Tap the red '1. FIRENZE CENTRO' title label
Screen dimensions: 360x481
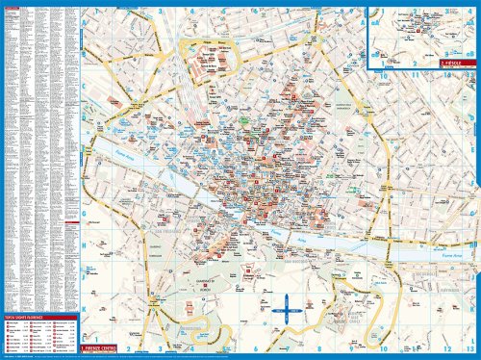(x=105, y=343)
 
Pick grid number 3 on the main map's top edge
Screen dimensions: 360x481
(x=157, y=12)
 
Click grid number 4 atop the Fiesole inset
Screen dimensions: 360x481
(x=471, y=12)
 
